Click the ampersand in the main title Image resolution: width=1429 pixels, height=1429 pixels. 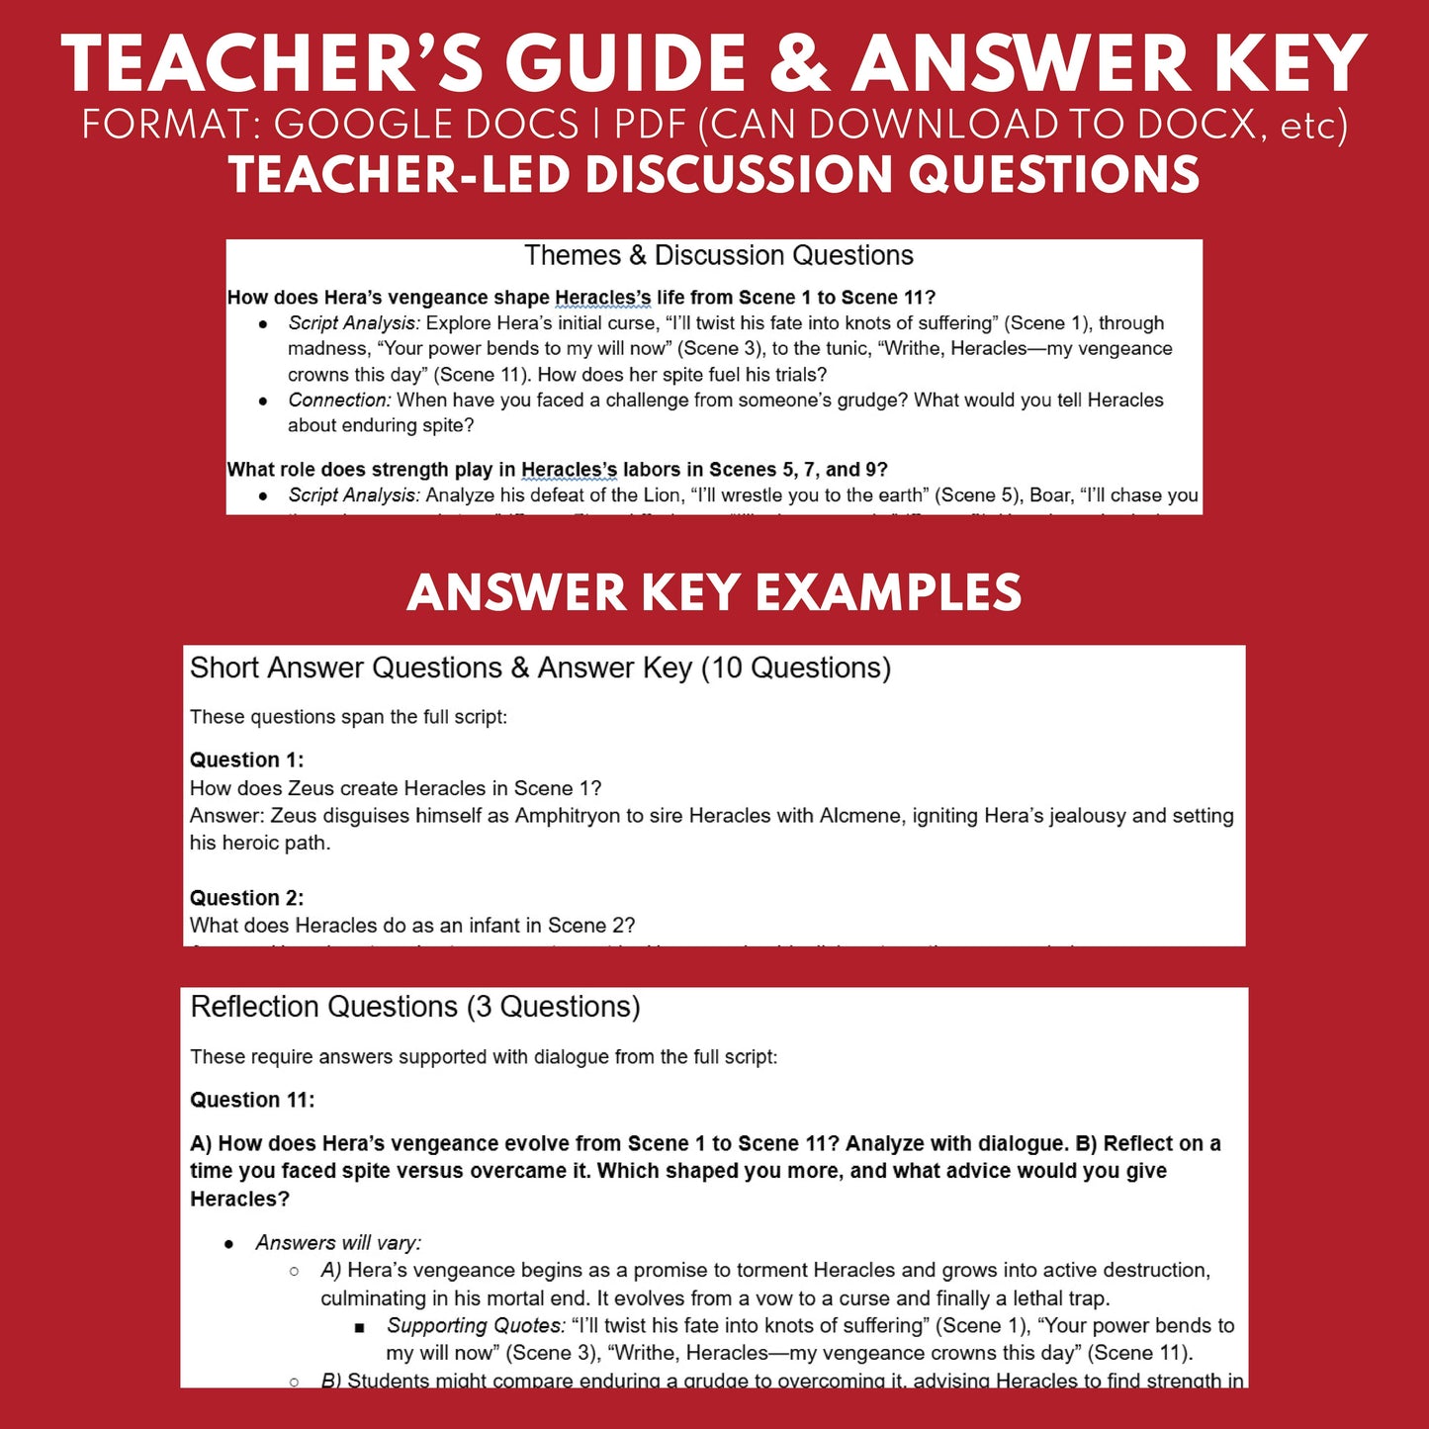[797, 65]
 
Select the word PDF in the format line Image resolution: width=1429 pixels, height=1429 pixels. [651, 125]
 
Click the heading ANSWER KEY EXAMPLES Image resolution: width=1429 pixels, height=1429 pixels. [714, 593]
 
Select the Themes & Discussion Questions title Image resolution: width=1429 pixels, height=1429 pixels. [718, 255]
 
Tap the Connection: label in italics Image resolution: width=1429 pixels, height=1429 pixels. [339, 400]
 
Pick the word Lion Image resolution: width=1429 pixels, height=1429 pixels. [662, 494]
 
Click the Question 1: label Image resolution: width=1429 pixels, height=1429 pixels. [246, 759]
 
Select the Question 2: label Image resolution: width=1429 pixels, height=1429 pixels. [246, 898]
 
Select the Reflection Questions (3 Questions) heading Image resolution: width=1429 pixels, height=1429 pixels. [415, 1007]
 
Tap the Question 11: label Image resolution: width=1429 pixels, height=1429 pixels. [252, 1100]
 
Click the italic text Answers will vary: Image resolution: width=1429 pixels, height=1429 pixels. [338, 1242]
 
